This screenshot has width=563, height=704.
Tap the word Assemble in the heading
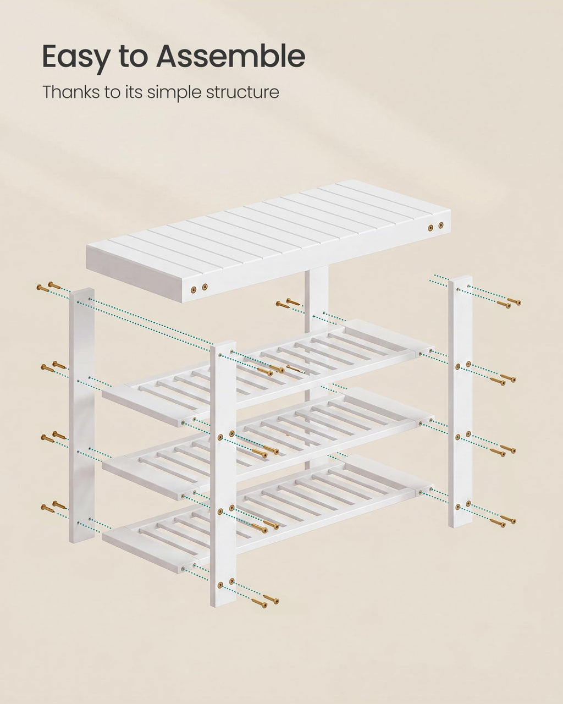pyautogui.click(x=230, y=56)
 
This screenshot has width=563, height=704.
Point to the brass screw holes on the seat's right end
pyautogui.click(x=436, y=227)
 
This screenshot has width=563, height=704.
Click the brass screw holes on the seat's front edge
pyautogui.click(x=199, y=288)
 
